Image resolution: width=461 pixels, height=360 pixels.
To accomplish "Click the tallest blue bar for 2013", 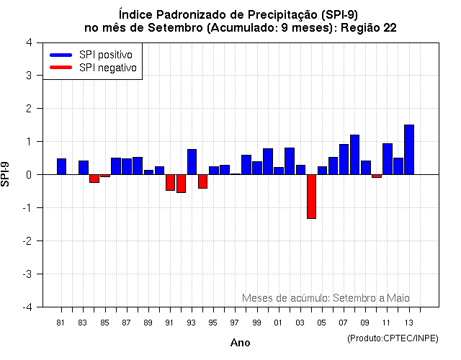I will [409, 150].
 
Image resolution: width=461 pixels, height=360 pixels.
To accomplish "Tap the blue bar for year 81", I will [61, 166].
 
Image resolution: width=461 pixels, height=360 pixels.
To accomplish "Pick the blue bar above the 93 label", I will [192, 162].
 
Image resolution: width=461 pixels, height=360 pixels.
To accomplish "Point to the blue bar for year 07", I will [344, 159].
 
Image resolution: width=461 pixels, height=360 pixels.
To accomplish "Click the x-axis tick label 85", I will [104, 323].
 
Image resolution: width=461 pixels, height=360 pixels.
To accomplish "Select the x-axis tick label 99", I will [256, 323].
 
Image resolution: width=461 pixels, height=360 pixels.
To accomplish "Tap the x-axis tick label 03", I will [300, 323].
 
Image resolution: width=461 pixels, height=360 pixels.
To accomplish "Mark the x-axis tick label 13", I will [409, 323].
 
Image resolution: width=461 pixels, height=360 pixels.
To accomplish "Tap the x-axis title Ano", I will [240, 343].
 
